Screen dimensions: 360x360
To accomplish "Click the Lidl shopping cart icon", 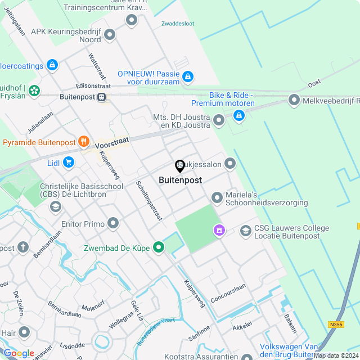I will tap(69, 163).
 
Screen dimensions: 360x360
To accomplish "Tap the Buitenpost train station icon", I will tap(102, 97).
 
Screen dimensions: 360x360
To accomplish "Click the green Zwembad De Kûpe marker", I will tap(159, 246).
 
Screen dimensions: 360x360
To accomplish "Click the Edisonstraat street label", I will tap(93, 86).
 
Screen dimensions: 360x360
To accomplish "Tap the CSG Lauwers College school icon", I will tap(245, 231).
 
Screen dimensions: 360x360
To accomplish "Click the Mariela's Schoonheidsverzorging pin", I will tap(217, 197).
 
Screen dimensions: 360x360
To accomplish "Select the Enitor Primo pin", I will tap(114, 223).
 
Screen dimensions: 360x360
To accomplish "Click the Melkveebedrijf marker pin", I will tap(294, 101).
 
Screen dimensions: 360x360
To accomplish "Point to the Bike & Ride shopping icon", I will tap(239, 115).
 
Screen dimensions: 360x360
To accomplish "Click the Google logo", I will tap(19, 353).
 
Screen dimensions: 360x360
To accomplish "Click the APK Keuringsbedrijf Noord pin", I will tap(110, 35).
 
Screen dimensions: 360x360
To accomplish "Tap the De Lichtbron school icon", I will tap(55, 207).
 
